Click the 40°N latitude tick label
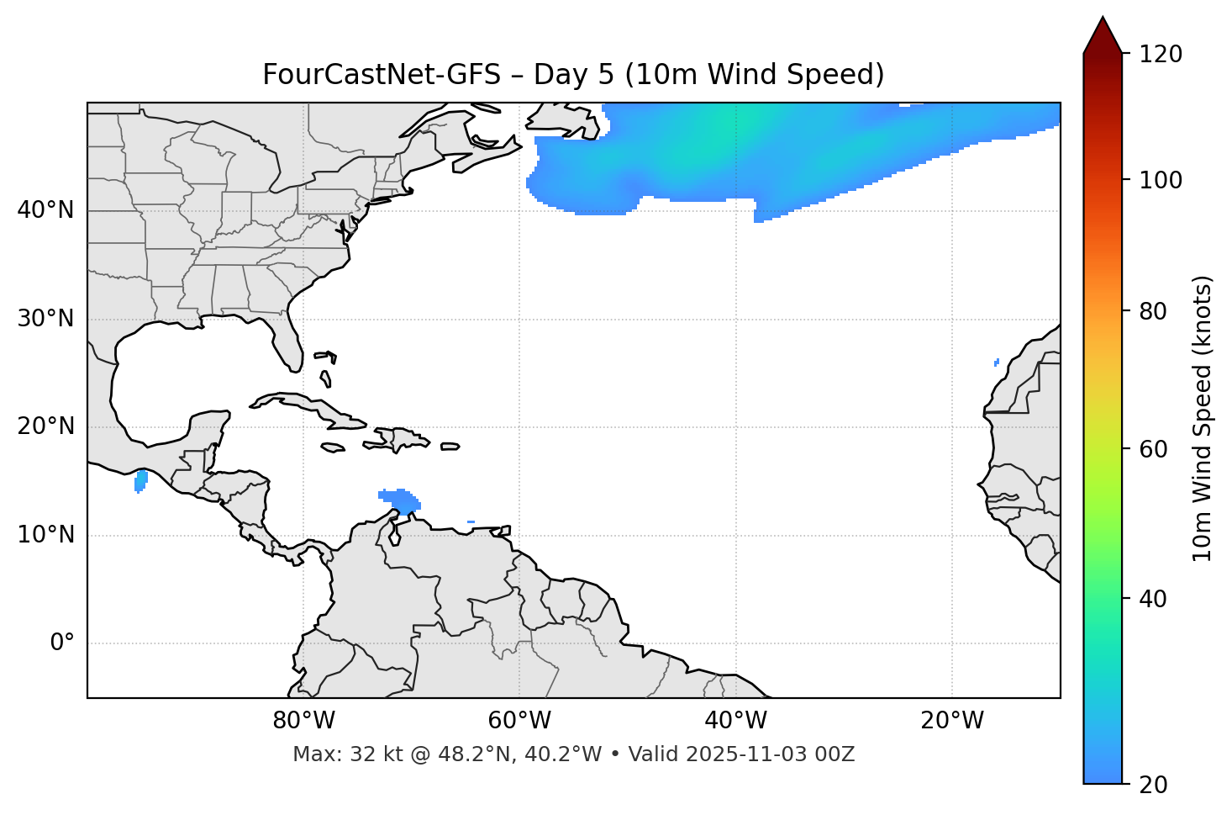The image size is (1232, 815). (45, 210)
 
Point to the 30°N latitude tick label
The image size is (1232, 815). (45, 319)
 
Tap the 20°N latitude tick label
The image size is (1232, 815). (45, 426)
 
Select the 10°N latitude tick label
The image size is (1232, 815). (45, 535)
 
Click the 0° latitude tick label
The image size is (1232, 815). (62, 643)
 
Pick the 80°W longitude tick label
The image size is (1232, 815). (303, 721)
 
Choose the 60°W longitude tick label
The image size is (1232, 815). (519, 721)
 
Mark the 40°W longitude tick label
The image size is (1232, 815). (735, 721)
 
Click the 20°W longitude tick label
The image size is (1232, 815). (951, 721)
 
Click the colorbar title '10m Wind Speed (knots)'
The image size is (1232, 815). (1203, 418)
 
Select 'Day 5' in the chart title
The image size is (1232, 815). (575, 75)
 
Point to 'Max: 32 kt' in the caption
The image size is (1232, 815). (340, 754)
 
